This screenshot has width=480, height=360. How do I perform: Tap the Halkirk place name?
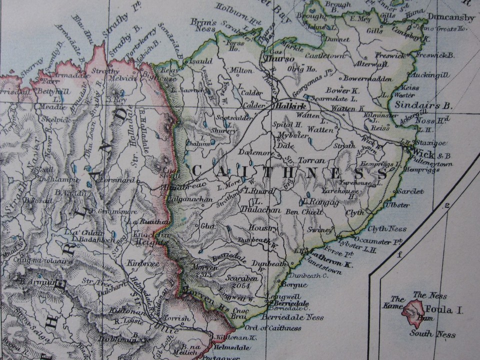tap(286, 106)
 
